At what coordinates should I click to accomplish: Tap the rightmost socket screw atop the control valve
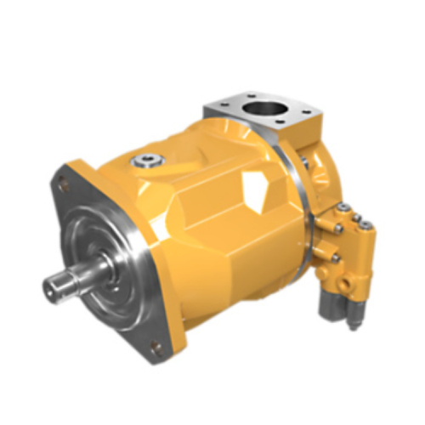367,226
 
